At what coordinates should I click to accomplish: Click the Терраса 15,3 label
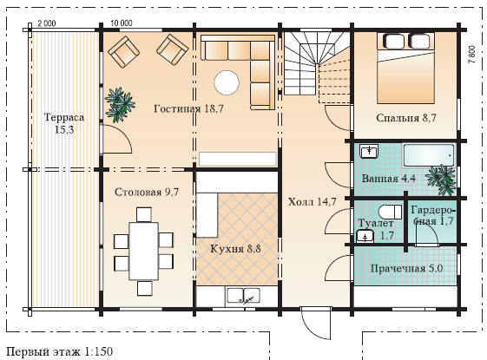(64, 123)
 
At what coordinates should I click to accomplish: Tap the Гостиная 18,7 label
(188, 108)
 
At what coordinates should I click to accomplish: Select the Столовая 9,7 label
(147, 192)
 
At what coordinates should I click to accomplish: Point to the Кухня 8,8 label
(236, 249)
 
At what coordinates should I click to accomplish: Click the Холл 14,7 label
(312, 202)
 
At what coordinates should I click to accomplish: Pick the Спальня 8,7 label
(406, 118)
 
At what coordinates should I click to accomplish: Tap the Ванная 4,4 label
(389, 179)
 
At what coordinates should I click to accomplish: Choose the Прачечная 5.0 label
(406, 268)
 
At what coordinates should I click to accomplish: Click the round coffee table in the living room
(227, 82)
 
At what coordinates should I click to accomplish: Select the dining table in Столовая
(144, 251)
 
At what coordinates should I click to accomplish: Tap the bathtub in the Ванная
(429, 155)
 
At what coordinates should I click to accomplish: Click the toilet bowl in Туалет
(390, 212)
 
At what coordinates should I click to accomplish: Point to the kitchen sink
(243, 295)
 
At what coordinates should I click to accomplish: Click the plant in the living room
(119, 105)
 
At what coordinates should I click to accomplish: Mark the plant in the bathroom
(442, 180)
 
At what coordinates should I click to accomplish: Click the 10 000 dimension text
(122, 23)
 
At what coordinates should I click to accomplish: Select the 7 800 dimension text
(471, 55)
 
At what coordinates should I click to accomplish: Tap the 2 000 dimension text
(47, 23)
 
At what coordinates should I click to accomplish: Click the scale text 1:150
(98, 351)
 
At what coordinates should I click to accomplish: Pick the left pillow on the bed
(394, 41)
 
